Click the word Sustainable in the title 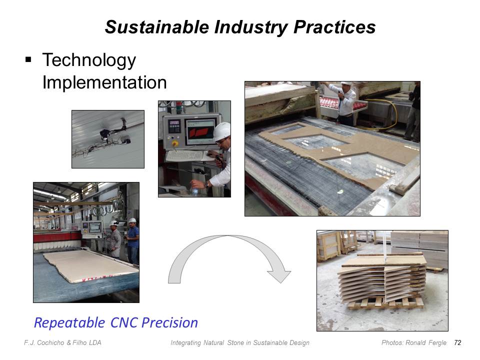157,27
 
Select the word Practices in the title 334,27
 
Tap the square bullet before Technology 28,59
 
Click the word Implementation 104,82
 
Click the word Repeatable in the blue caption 69,323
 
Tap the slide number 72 457,342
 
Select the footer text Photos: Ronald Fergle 414,343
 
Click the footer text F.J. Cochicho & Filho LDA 63,343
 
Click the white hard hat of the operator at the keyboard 222,131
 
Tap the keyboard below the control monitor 186,156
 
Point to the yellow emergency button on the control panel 175,143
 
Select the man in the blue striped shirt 132,240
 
